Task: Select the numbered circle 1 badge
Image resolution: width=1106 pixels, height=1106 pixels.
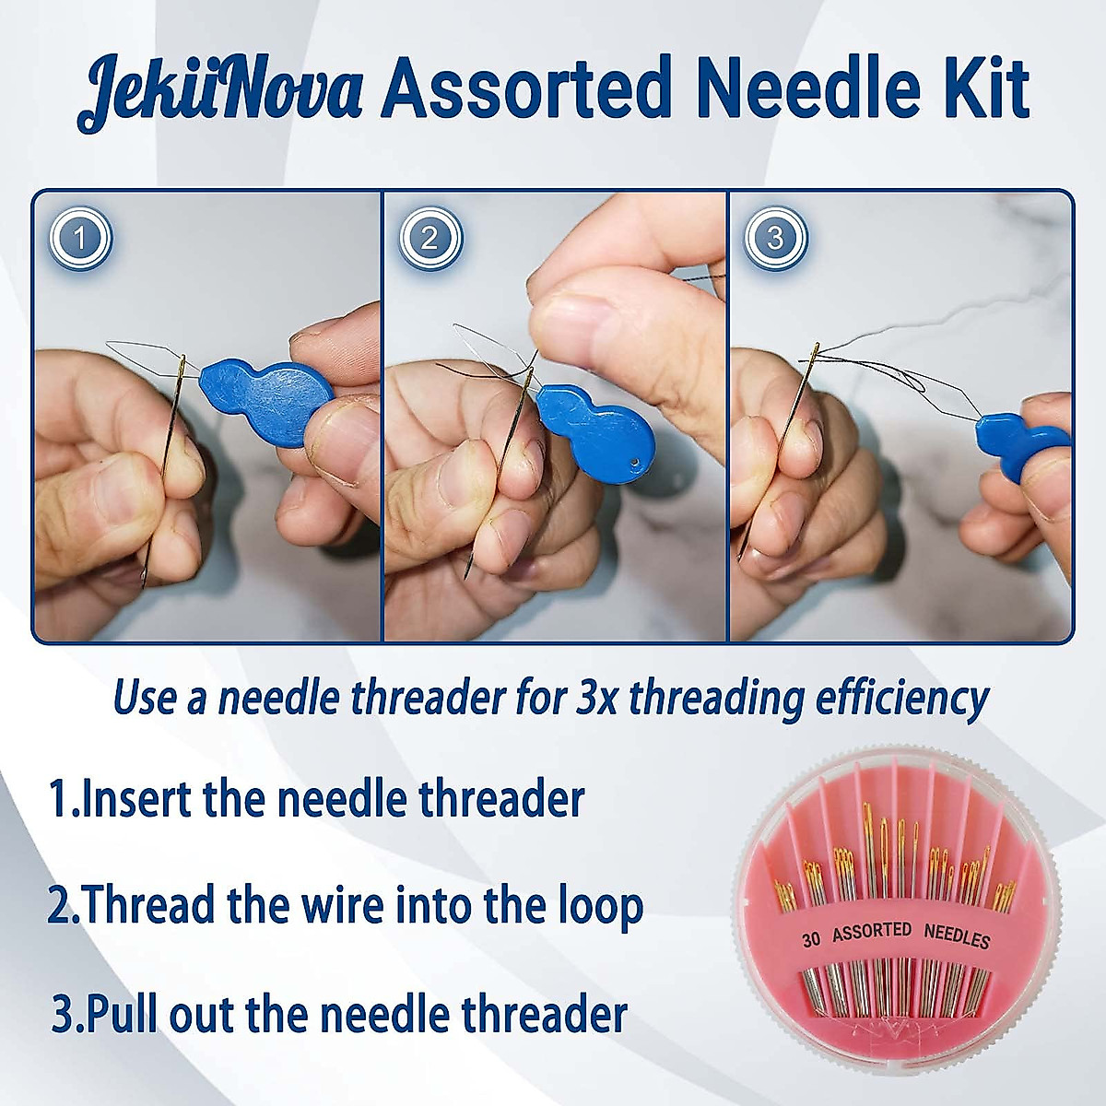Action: tap(80, 239)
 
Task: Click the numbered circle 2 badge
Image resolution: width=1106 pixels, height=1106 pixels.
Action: tap(429, 239)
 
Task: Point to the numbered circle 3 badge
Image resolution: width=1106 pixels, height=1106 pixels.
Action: tap(775, 239)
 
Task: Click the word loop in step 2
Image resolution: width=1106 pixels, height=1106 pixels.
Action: tap(598, 906)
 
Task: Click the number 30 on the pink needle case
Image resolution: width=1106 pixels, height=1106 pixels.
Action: tap(811, 939)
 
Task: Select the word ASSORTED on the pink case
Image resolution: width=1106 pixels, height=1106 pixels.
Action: tap(872, 932)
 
